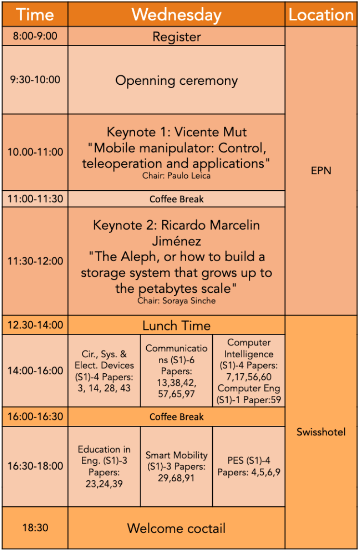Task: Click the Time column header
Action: [x=35, y=14]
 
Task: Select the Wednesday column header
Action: [x=176, y=14]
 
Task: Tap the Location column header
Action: [x=321, y=14]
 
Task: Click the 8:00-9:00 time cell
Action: [x=35, y=36]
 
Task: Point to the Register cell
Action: [x=176, y=36]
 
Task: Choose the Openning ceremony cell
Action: [x=176, y=80]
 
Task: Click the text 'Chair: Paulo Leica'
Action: [x=176, y=176]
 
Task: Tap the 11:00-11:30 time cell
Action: [x=35, y=199]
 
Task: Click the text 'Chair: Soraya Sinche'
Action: [x=176, y=301]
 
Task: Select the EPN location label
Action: [x=321, y=171]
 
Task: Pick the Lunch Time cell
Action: [x=176, y=325]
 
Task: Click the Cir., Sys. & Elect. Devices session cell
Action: [x=104, y=371]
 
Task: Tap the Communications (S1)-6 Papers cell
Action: [x=176, y=371]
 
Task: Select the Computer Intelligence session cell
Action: [x=249, y=371]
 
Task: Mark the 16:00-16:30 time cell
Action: [x=35, y=417]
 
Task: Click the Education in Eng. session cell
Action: [x=104, y=466]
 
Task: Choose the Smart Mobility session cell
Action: [x=176, y=466]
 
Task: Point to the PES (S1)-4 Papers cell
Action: [x=249, y=466]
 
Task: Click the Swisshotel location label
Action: [x=321, y=432]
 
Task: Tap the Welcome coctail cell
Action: [x=176, y=528]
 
